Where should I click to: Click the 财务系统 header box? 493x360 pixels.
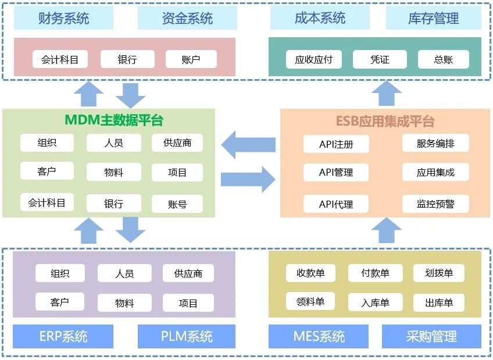point(63,19)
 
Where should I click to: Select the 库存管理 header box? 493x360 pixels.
point(433,19)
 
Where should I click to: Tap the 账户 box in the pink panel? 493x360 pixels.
point(191,59)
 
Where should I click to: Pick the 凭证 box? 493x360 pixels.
point(380,59)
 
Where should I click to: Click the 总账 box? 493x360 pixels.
point(444,59)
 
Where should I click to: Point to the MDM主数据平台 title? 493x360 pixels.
point(114,120)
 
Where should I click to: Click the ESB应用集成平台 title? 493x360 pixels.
point(385,122)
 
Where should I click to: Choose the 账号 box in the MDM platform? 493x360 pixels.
point(177,204)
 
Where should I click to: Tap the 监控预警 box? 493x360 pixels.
point(435,204)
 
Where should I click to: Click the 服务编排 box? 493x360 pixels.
point(435,144)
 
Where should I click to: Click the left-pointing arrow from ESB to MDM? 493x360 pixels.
point(248,144)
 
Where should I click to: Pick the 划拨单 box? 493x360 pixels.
point(439,273)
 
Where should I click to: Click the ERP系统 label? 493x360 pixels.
point(63,336)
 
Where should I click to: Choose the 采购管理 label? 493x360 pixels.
point(431,336)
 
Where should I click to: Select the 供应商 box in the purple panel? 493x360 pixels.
point(188,273)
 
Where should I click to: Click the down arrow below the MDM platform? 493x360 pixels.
point(130,230)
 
